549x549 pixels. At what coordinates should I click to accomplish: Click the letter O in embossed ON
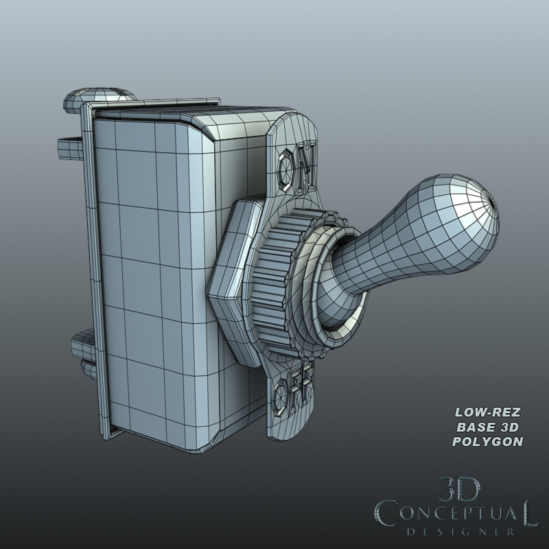(289, 163)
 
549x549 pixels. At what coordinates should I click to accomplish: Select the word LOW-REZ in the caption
(488, 412)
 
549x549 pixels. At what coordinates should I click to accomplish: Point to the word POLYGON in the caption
(488, 441)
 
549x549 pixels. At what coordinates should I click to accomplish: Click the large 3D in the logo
(459, 490)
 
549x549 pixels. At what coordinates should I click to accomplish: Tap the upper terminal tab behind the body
(69, 145)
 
